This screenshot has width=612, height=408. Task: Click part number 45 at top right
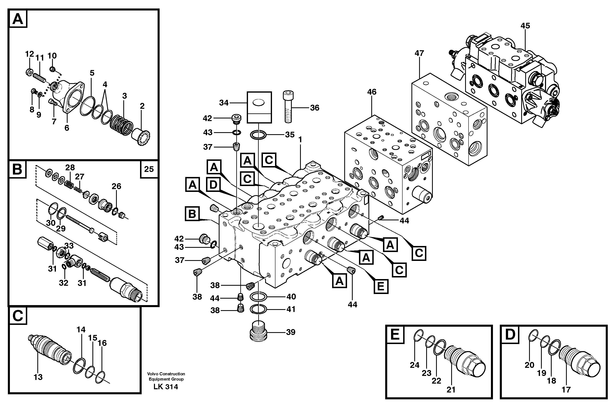coord(525,26)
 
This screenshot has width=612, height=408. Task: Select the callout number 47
coord(419,53)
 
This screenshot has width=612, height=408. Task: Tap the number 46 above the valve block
coord(372,92)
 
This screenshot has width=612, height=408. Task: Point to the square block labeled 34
coord(259,107)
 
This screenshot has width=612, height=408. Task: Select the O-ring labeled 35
coord(258,135)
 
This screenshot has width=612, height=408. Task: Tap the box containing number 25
coord(149,169)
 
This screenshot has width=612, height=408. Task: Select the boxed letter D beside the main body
coord(213,185)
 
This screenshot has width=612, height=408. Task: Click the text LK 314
coord(166,387)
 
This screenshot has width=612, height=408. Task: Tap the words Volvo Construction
coord(166,374)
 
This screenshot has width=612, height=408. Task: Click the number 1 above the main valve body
coord(300,140)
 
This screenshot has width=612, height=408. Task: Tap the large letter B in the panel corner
coord(17,169)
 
